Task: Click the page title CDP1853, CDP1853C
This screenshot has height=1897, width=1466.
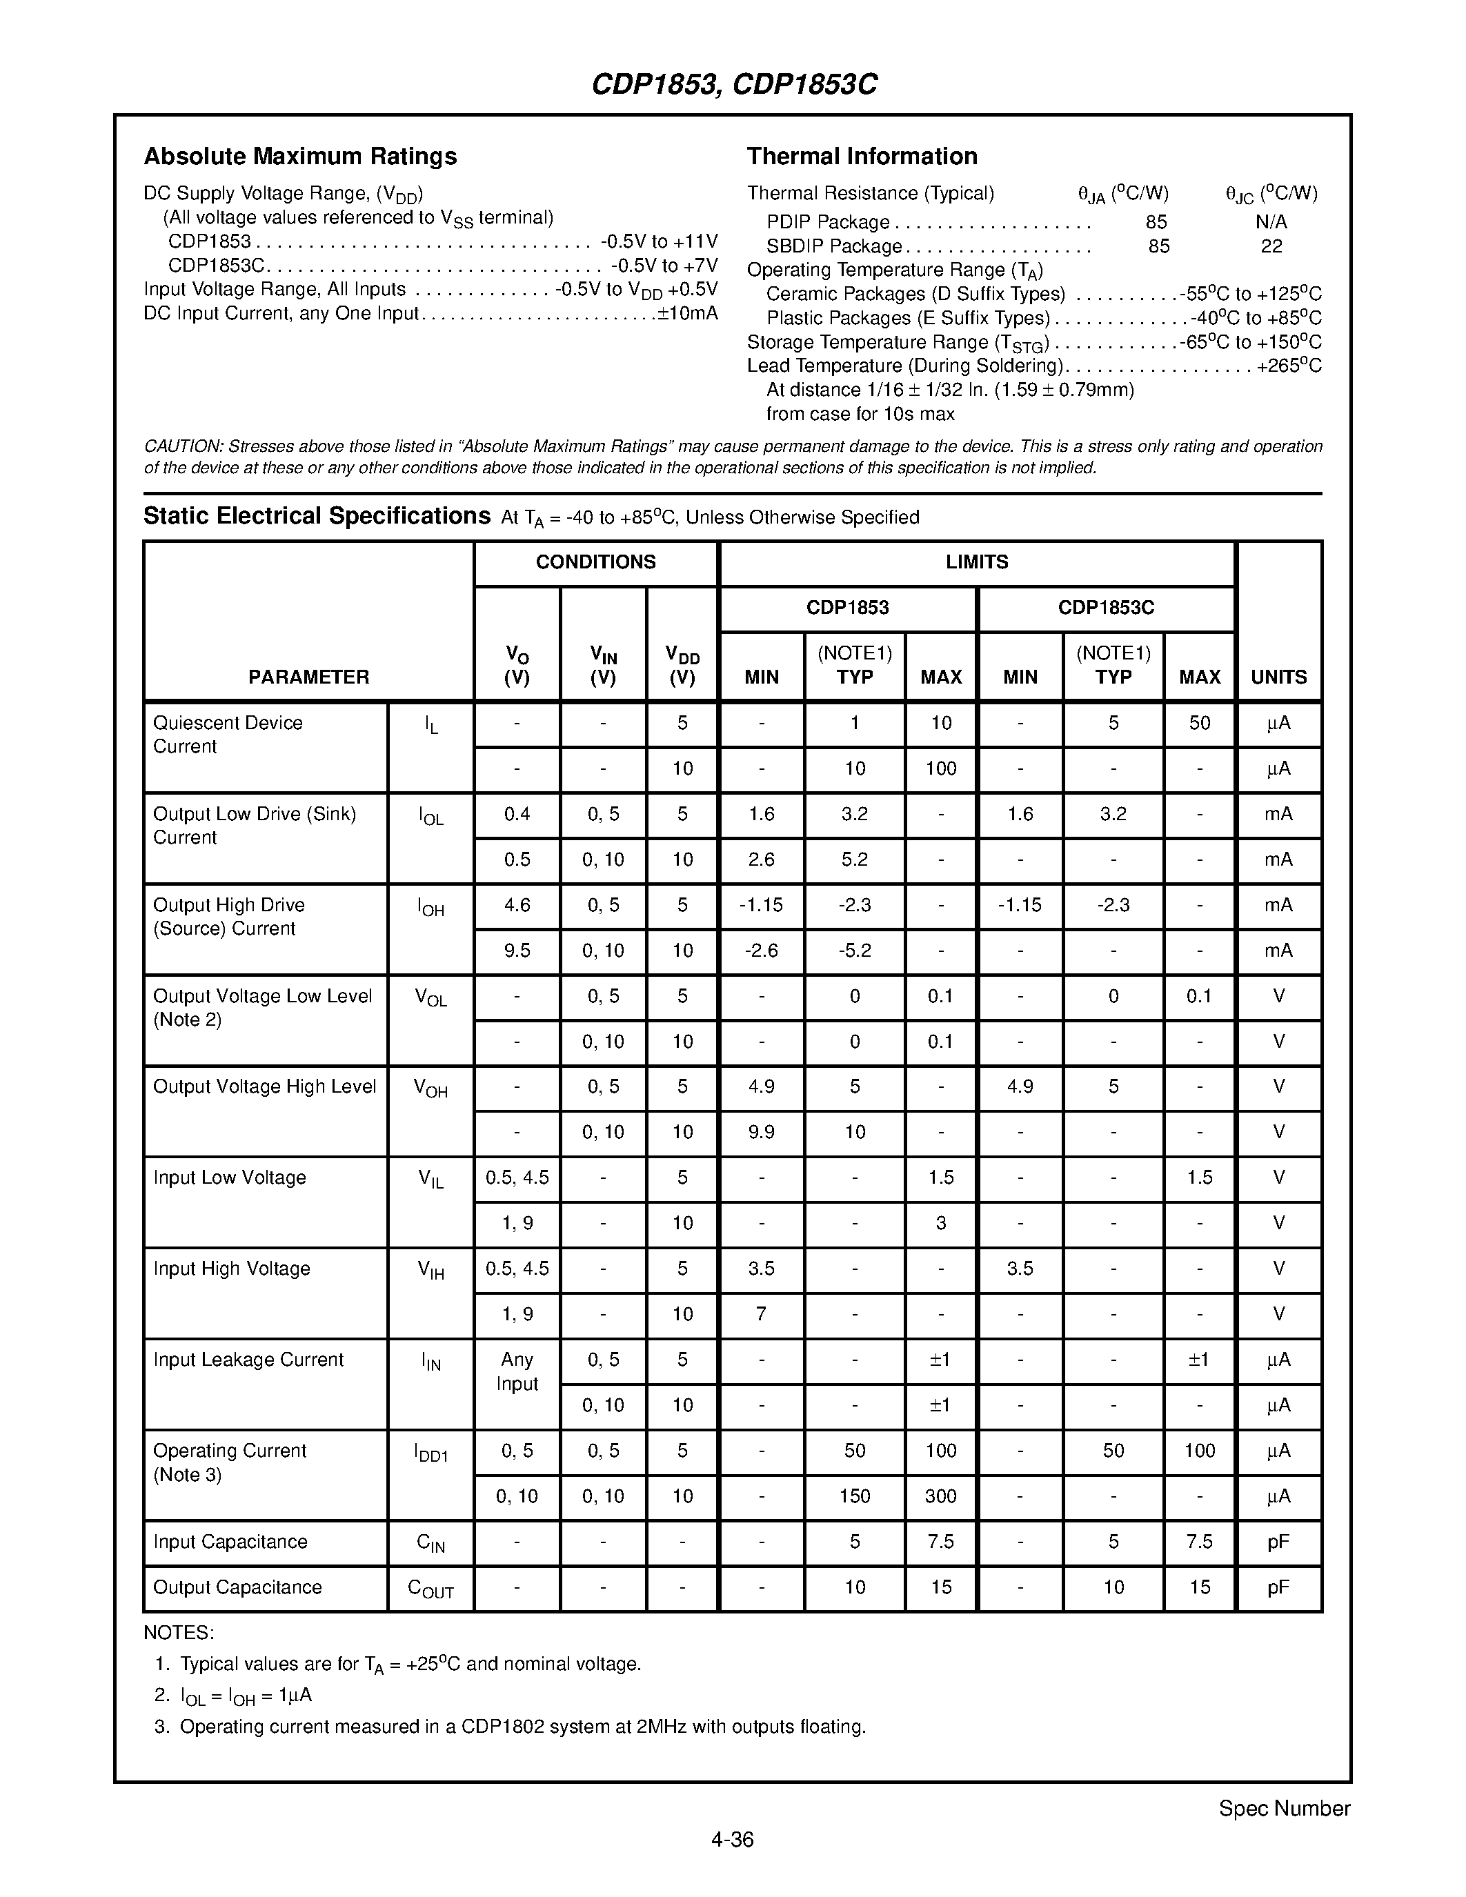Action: [734, 84]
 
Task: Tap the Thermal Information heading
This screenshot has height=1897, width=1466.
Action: [862, 157]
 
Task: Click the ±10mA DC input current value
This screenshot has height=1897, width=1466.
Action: [688, 314]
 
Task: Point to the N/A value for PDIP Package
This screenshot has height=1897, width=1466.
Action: [1271, 222]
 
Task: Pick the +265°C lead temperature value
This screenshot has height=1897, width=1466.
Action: [1289, 366]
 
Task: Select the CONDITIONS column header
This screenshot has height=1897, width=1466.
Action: [596, 562]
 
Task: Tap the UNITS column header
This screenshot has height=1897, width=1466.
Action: [1278, 677]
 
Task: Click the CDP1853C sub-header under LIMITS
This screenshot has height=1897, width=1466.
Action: [1106, 607]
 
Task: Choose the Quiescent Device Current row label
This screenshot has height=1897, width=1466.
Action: [228, 735]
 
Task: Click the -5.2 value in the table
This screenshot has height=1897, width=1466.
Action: [855, 951]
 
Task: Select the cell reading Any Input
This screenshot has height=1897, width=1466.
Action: [517, 1371]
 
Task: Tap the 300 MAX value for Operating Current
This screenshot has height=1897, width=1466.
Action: [940, 1496]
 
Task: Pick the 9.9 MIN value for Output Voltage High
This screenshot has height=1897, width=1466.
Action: [761, 1132]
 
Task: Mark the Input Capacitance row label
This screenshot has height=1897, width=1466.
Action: [230, 1542]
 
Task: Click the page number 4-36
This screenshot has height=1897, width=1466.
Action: [732, 1839]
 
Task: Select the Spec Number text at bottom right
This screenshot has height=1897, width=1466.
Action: [1284, 1809]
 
